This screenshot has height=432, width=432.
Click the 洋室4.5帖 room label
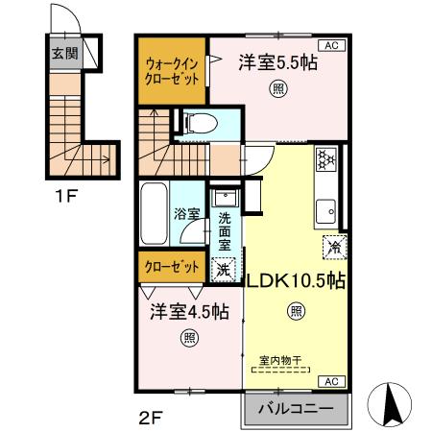189,312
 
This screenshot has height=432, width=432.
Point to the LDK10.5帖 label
298,283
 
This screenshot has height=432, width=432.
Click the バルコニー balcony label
297,408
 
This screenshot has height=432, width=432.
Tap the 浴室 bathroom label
186,214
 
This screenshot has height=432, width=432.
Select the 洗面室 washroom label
224,231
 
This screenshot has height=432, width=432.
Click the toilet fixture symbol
198,122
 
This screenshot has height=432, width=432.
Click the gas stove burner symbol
326,158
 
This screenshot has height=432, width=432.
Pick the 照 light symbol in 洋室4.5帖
189,337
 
